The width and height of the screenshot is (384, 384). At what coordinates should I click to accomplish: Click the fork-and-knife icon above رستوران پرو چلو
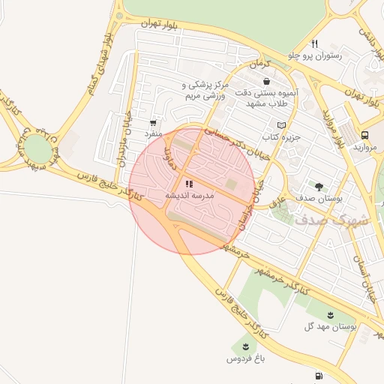point(314,43)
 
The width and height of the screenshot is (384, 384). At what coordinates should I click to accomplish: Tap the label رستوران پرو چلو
point(315,55)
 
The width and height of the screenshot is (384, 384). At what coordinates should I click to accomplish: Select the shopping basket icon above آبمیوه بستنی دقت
point(266,81)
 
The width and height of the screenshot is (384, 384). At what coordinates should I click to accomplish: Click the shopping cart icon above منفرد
point(154,122)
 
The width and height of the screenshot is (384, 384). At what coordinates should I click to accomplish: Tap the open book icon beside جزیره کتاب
point(282,124)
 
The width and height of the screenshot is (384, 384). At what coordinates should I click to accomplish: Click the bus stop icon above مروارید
point(364,135)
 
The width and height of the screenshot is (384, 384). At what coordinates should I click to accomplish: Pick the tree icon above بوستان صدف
point(319,187)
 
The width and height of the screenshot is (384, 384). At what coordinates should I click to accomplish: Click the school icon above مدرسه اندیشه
point(189,183)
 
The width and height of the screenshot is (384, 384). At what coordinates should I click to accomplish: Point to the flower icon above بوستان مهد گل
point(331,313)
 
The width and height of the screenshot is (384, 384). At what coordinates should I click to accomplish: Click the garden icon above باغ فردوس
point(246,346)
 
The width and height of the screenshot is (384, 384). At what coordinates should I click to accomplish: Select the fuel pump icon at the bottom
point(319,376)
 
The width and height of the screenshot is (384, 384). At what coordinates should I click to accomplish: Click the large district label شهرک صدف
point(332,220)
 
